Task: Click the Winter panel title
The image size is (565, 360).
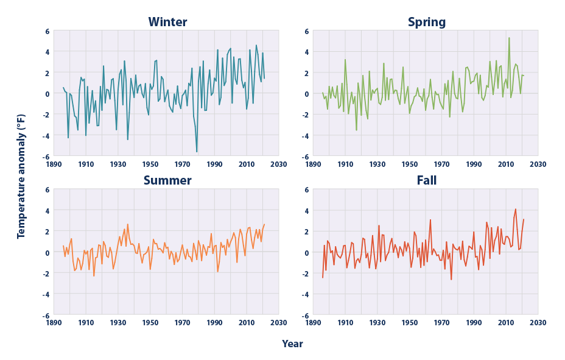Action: click(167, 23)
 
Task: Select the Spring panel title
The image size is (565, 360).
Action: click(426, 23)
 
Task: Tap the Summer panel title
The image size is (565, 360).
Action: click(167, 180)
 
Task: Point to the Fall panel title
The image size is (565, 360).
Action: click(426, 180)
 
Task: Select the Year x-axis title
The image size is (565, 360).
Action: click(292, 344)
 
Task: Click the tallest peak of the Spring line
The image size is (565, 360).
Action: click(509, 38)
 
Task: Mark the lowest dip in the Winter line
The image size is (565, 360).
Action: click(197, 152)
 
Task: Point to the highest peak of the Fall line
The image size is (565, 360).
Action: click(516, 209)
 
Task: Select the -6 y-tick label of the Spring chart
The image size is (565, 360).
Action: click(305, 157)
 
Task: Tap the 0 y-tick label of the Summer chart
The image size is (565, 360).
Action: click(47, 252)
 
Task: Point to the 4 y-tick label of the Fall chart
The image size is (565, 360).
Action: click(306, 210)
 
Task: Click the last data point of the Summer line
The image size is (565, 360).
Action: click(264, 224)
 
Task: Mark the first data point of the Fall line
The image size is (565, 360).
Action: click(323, 278)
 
